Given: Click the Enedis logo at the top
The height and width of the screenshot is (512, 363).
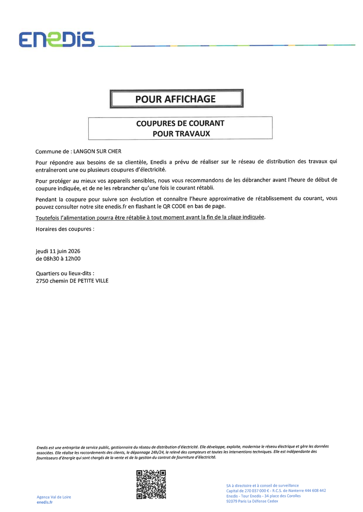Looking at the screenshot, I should tap(56, 39).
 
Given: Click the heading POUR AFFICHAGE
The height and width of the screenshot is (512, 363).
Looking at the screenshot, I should tap(175, 99).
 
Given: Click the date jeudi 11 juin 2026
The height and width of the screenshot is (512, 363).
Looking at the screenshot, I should tap(58, 251).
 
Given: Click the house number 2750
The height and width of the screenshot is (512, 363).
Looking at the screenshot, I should tap(42, 281).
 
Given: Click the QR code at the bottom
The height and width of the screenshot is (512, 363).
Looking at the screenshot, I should tap(151, 484).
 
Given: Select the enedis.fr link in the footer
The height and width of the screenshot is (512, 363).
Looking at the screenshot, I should tap(44, 502).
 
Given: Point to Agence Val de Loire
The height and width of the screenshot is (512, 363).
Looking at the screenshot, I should tap(54, 497).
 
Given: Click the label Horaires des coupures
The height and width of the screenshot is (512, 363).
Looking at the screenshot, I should tap(65, 229).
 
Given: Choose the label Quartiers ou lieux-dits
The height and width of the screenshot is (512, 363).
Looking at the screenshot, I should tap(65, 273).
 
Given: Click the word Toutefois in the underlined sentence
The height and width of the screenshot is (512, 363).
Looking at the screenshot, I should tap(47, 217).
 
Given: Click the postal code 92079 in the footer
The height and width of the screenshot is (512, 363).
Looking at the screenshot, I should tap(232, 501).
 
